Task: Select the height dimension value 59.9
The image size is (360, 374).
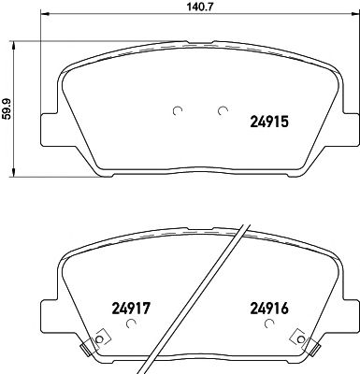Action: tap(8, 107)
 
